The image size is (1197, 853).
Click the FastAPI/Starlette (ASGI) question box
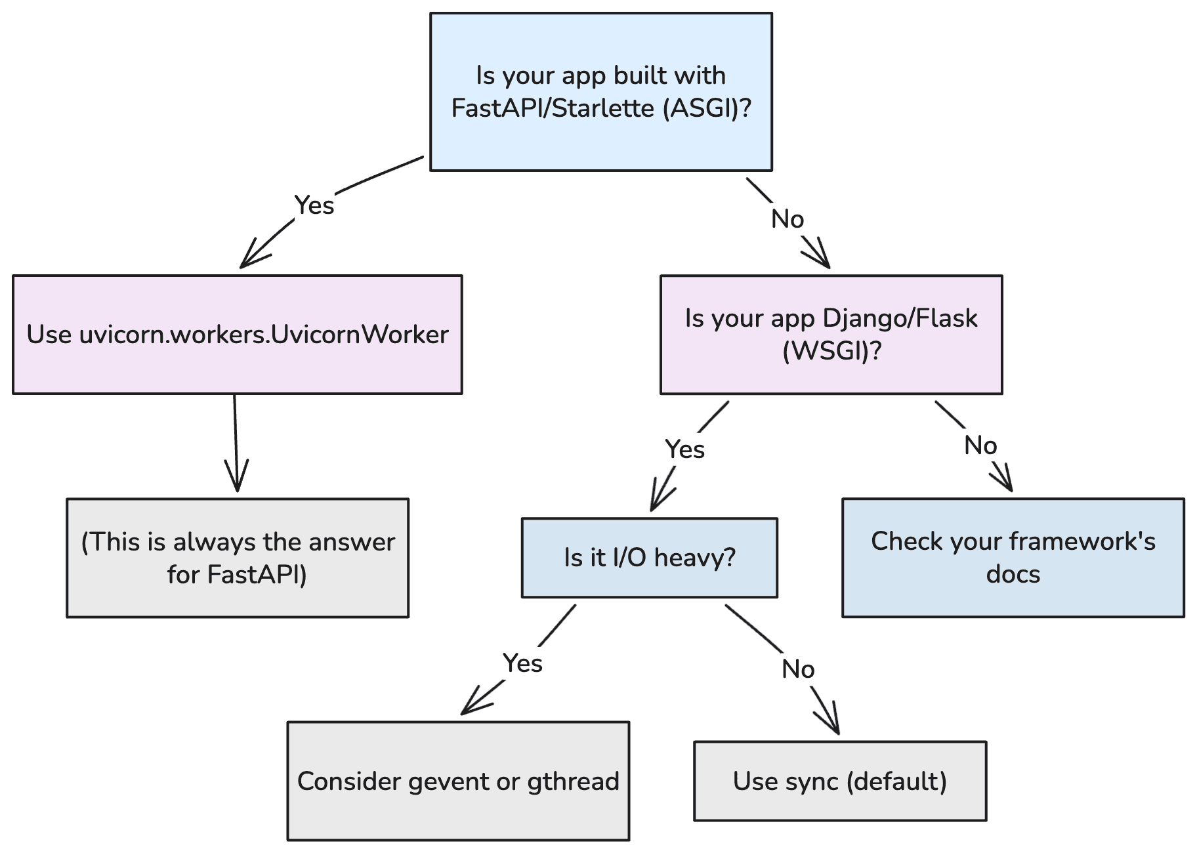tap(600, 92)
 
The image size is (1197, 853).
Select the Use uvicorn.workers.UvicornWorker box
tap(237, 335)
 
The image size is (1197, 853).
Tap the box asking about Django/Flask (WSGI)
tap(831, 335)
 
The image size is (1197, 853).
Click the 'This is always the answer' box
tap(237, 558)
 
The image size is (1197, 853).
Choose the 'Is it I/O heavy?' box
tap(649, 558)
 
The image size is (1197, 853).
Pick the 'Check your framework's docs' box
tap(1013, 558)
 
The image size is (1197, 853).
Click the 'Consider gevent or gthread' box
tap(458, 781)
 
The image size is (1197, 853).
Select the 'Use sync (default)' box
tap(840, 781)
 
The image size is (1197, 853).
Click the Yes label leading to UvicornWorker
tap(314, 205)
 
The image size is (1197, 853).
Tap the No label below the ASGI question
tap(787, 219)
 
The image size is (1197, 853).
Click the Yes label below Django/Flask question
tap(684, 449)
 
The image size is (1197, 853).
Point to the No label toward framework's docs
tap(980, 446)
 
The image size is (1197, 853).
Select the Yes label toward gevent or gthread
tap(522, 663)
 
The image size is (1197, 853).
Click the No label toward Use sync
tap(798, 669)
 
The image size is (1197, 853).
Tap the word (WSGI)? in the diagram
tap(831, 351)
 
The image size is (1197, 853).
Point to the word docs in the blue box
tap(1013, 574)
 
